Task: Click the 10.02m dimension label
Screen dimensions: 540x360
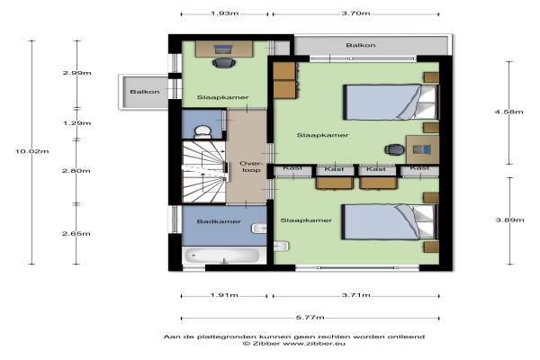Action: tap(32, 151)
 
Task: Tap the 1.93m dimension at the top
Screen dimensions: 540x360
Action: tap(224, 13)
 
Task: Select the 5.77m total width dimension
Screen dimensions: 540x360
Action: tap(310, 318)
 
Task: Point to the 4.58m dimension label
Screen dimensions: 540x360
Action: tap(509, 112)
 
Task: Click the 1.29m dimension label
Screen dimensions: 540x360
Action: tap(76, 123)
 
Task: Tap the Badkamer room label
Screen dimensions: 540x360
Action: tap(219, 221)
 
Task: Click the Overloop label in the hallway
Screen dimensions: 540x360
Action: tap(251, 166)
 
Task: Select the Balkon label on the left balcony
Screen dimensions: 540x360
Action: tap(145, 92)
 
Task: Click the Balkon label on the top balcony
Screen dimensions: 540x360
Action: tap(361, 45)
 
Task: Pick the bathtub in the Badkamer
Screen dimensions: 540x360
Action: tap(222, 256)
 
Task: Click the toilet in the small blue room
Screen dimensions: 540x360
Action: tap(202, 132)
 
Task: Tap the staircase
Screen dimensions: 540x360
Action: tap(204, 172)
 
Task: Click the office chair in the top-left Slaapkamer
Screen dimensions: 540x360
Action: tap(224, 62)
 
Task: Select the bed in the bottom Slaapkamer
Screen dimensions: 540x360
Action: tap(390, 222)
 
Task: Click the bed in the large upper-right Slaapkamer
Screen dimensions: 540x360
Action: tap(391, 102)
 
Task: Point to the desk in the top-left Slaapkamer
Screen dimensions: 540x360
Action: tap(224, 49)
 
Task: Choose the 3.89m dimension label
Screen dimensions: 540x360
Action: tap(509, 220)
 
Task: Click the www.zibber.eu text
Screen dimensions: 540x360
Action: tap(314, 344)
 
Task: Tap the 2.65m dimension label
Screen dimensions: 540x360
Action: tap(76, 233)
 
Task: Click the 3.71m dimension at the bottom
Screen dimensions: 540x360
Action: tap(356, 295)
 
